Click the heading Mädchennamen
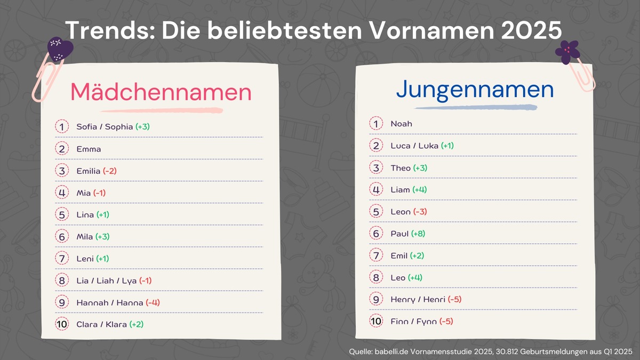coord(161,92)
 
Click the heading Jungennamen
coord(475,90)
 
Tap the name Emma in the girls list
coord(89,149)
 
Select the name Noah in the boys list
coord(401,124)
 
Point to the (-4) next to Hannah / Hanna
coord(153,302)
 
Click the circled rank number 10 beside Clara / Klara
coord(62,324)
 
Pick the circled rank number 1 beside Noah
coord(376,124)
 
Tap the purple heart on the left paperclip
coord(60,49)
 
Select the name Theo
coord(401,168)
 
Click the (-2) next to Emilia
coord(109,171)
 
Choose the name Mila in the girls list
coord(85,237)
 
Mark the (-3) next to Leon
coord(420,212)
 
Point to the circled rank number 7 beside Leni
coord(62,258)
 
